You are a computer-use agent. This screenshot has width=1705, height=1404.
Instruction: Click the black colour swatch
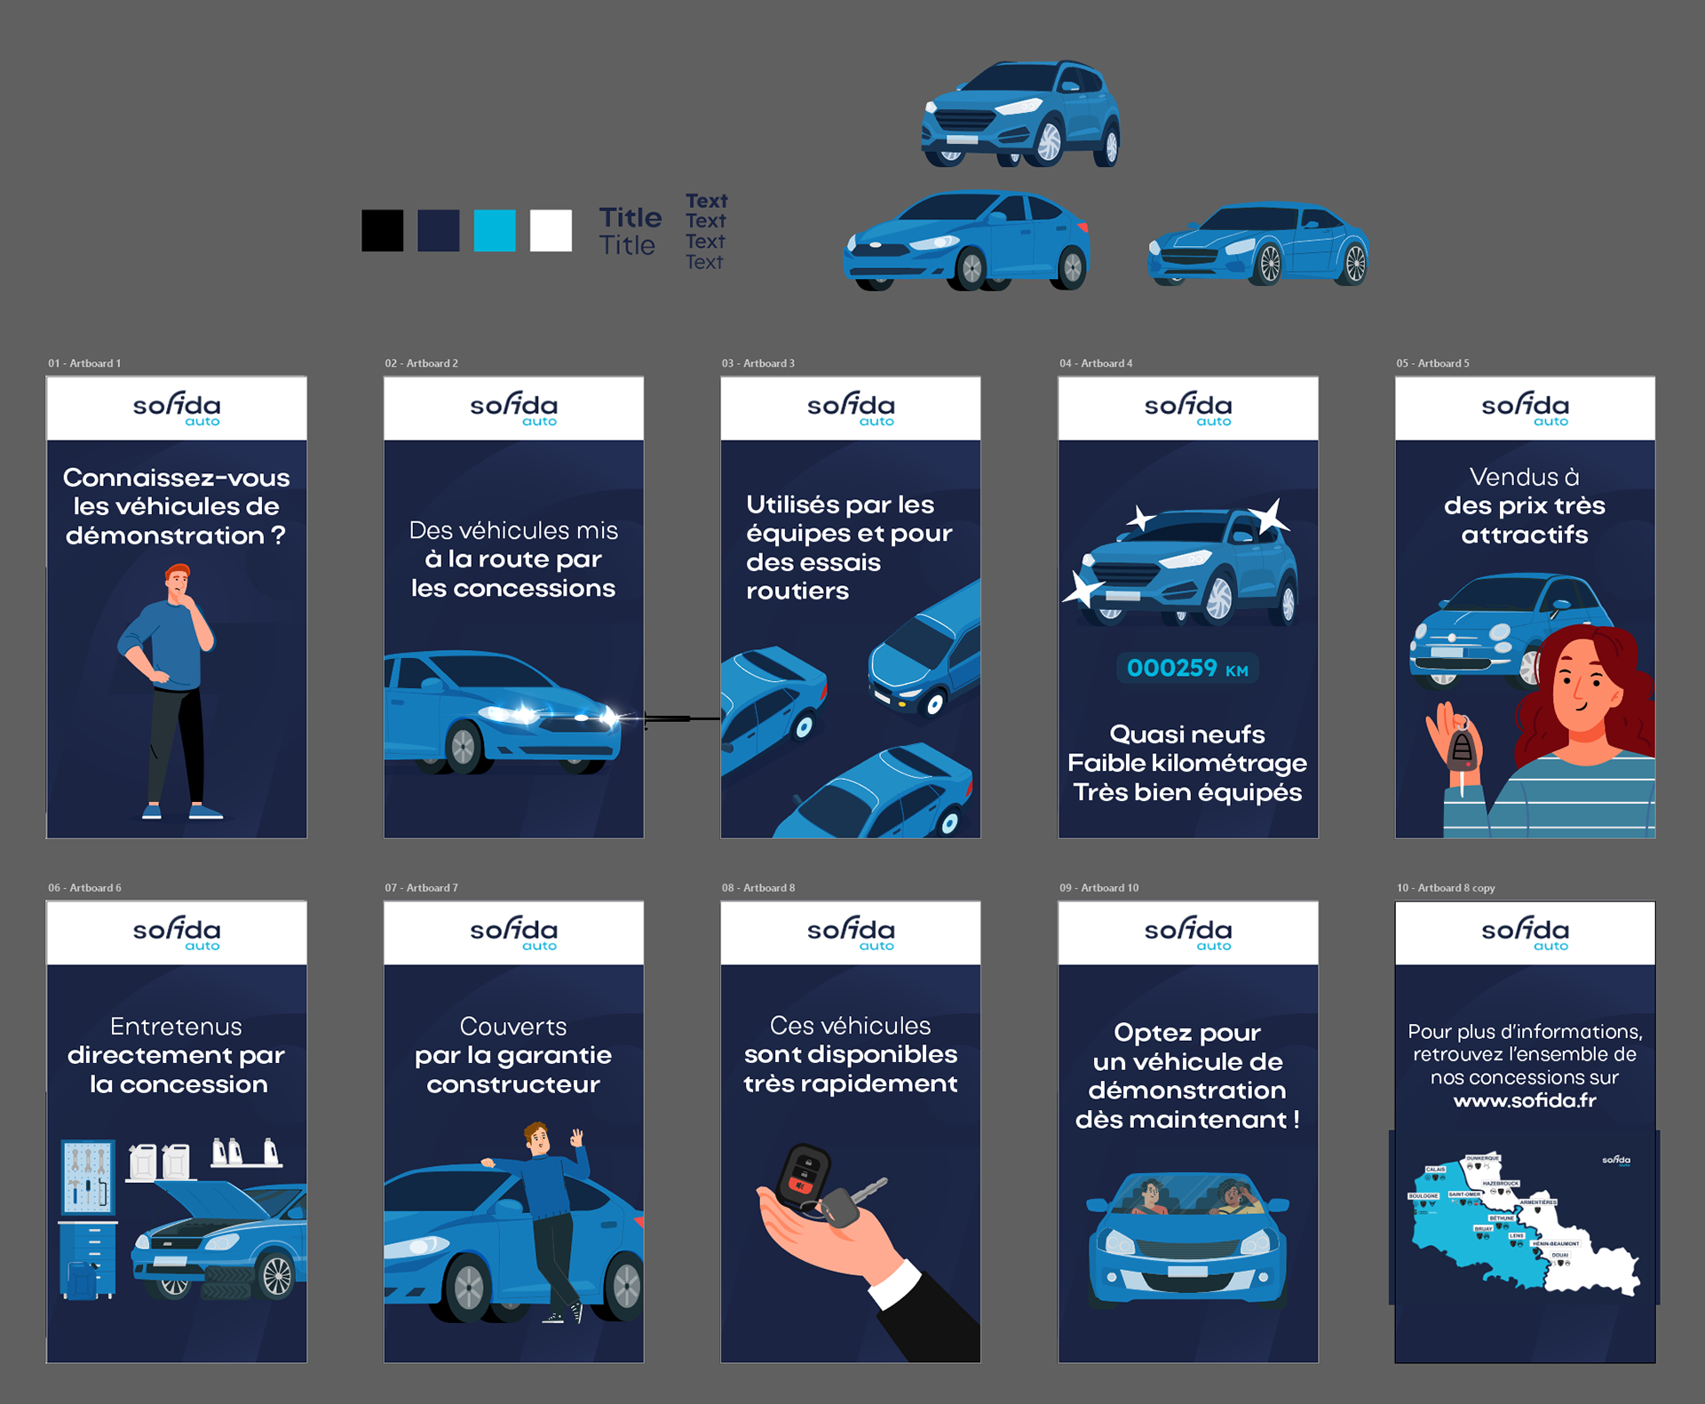point(382,231)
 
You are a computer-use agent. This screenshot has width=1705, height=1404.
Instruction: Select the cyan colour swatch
point(495,231)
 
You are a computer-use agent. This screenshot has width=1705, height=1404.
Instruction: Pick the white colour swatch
point(551,231)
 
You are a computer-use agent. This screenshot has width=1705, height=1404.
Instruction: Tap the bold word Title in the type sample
point(630,218)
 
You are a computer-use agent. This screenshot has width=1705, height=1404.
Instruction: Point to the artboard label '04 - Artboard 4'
point(1095,363)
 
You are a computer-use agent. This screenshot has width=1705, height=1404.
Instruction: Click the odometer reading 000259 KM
point(1186,669)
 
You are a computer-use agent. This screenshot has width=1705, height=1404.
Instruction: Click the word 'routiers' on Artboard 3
point(797,591)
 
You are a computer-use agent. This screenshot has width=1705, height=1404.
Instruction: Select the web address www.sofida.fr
point(1524,1101)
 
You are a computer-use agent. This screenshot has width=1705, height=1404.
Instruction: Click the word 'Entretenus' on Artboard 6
point(176,1027)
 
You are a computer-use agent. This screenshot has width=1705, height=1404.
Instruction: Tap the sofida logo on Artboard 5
point(1525,408)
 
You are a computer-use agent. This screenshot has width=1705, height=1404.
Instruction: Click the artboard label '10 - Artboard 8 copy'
point(1445,888)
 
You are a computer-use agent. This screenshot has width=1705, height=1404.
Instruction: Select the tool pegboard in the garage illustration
point(88,1177)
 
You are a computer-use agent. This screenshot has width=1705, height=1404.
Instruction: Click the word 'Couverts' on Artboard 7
point(513,1027)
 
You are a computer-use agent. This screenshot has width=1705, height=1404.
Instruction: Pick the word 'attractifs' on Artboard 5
point(1524,535)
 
